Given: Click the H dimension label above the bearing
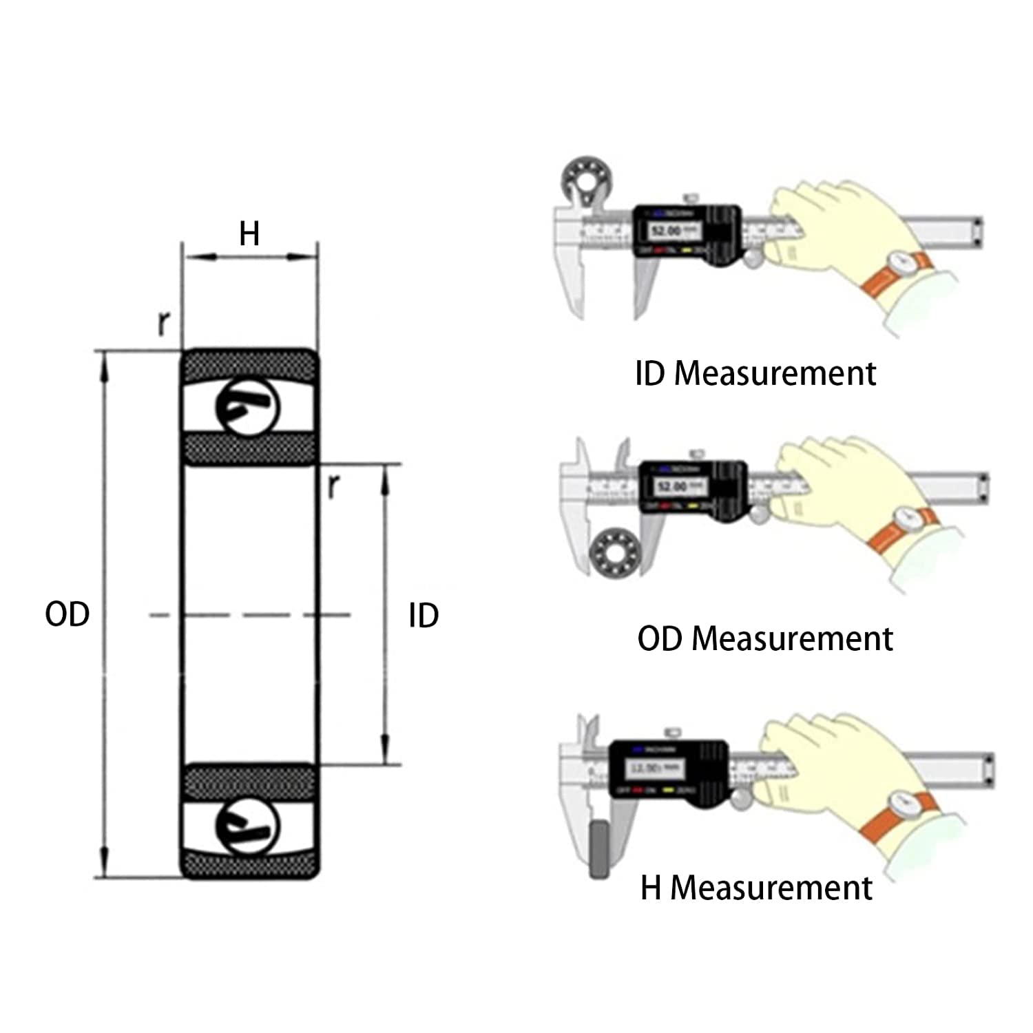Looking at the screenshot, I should point(249,234).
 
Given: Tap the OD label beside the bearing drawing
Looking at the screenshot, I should point(67,614).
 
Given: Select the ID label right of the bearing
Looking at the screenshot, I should point(423,616).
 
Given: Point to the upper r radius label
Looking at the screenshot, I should point(164,322).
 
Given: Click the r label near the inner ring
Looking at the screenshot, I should point(333,486).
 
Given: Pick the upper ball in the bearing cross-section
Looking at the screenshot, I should point(248,408).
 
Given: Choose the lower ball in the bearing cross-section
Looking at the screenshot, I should point(248,826).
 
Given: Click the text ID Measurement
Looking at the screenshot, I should point(755,373).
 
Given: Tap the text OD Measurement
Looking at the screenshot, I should point(764,638).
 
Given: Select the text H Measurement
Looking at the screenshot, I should point(756,887).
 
